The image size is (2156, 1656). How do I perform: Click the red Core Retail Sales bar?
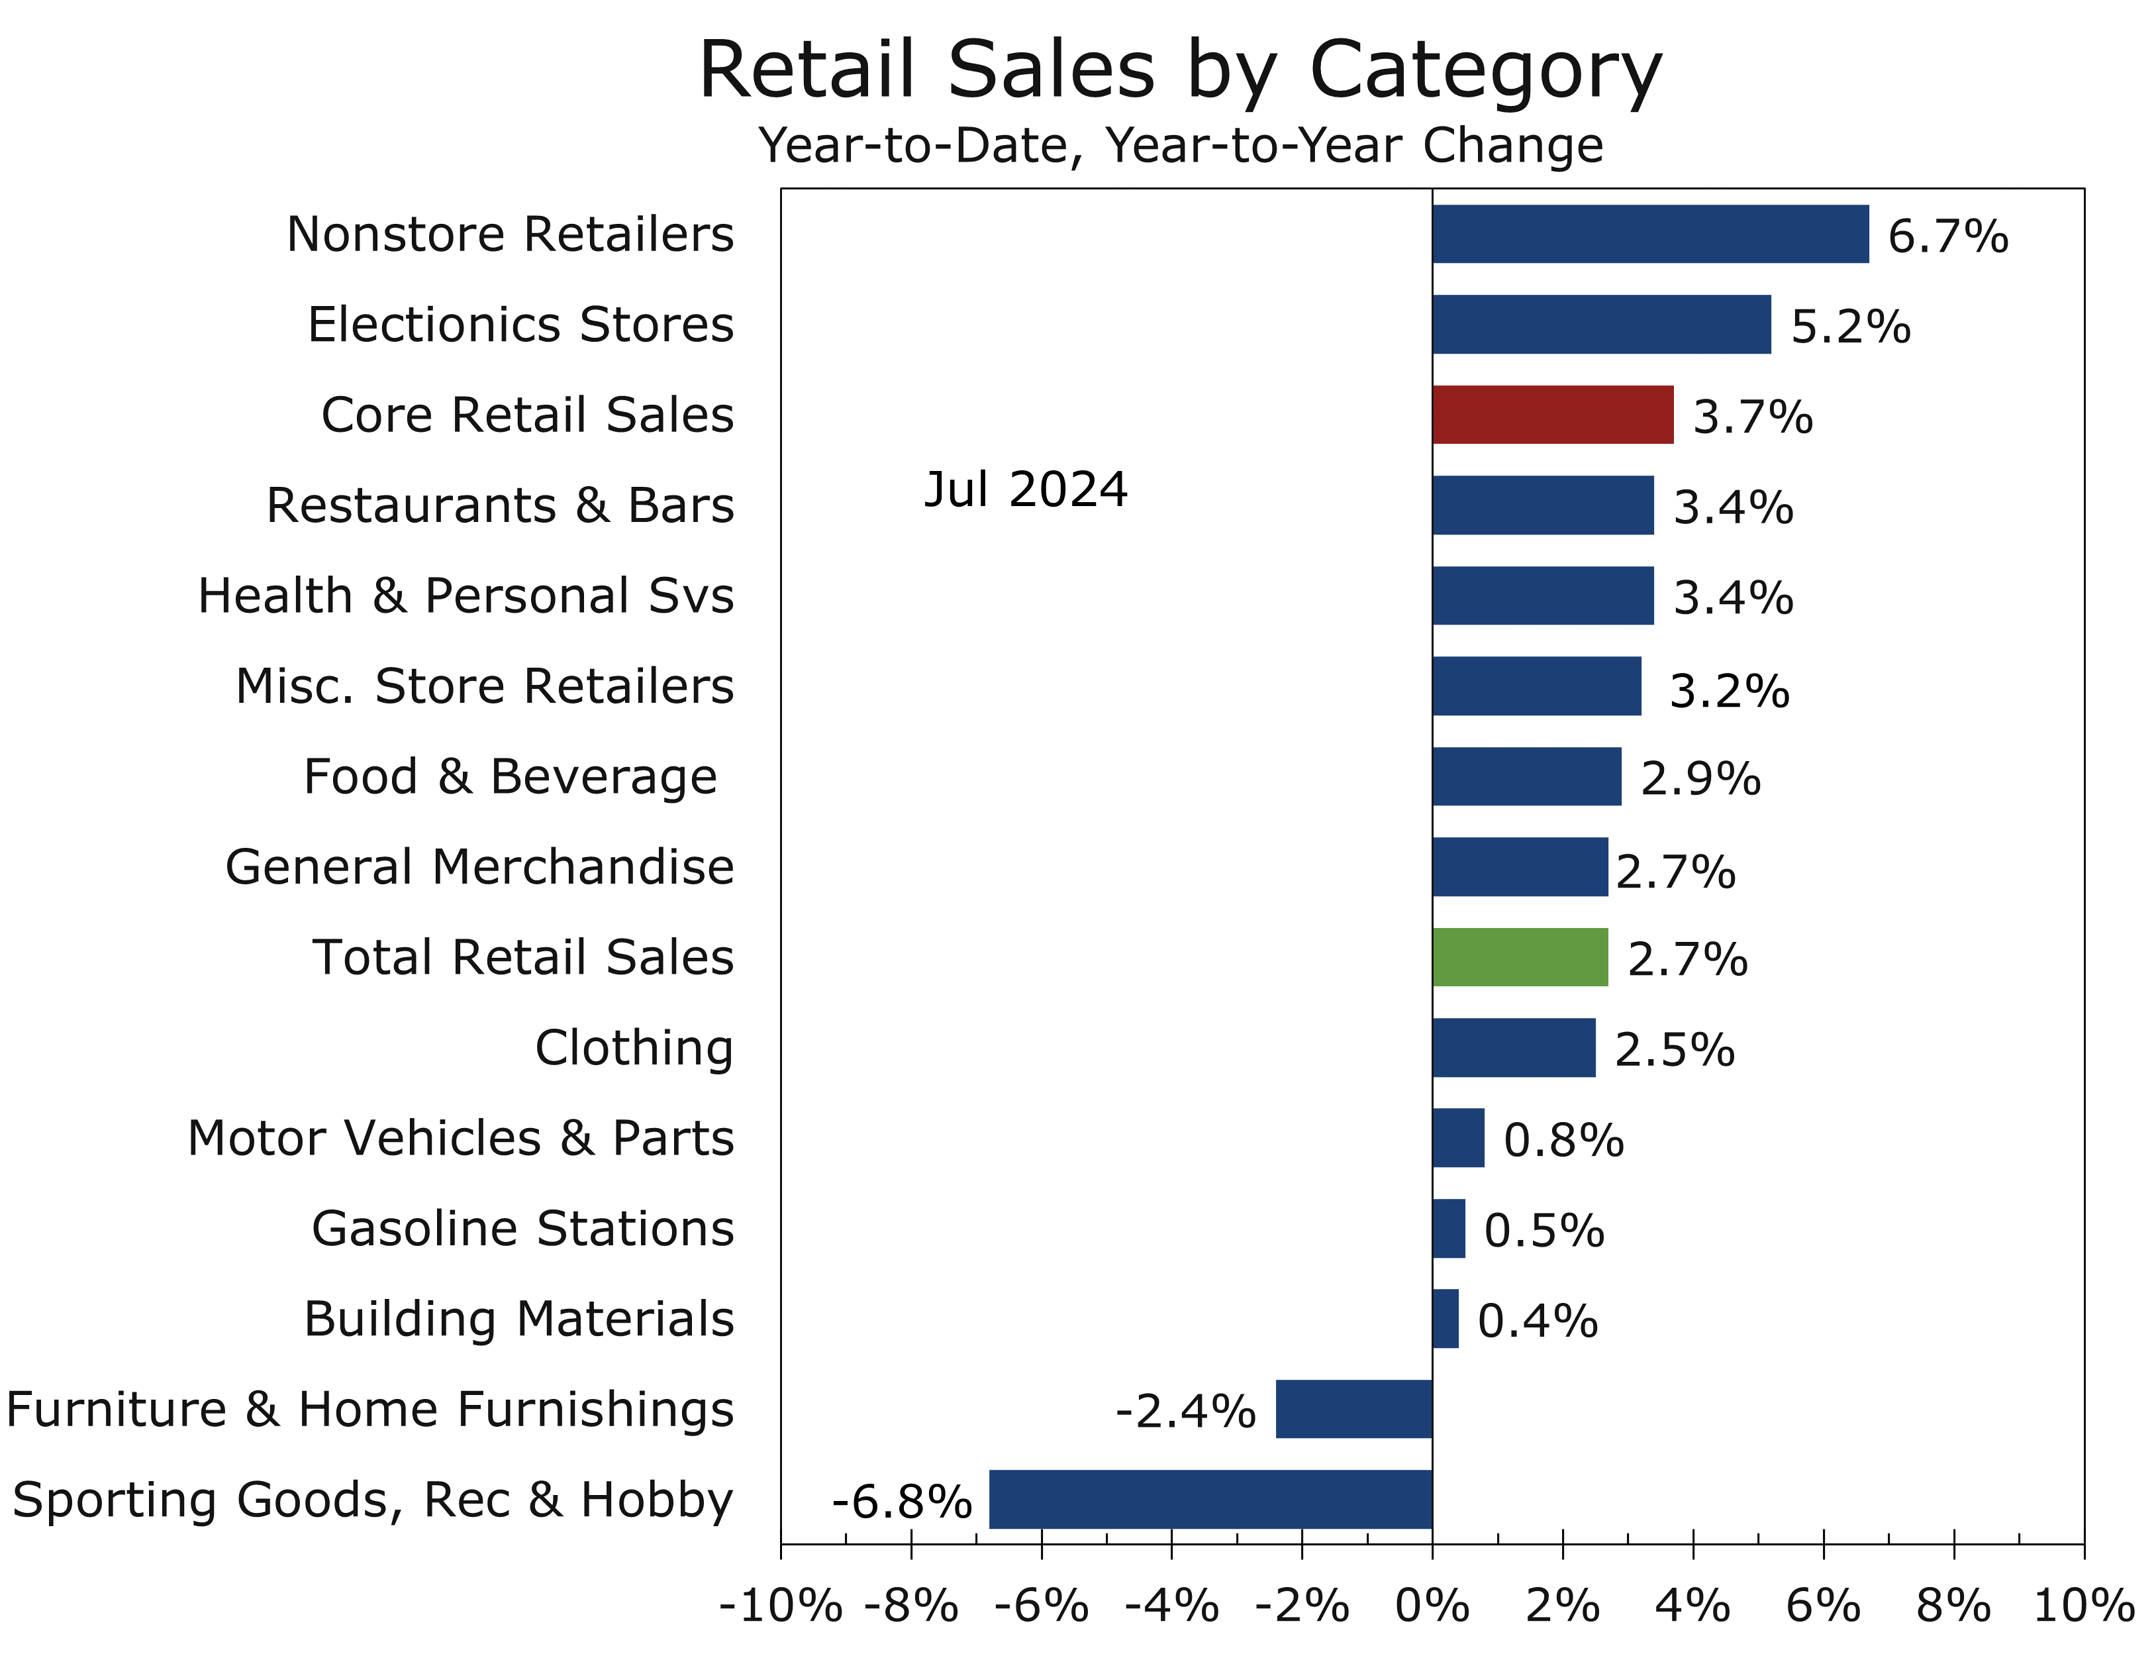1552,415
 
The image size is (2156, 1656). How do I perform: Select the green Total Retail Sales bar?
1520,957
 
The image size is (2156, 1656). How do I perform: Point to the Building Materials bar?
1445,1319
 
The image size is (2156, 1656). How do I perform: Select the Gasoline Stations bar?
1449,1228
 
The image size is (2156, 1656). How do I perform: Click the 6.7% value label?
1947,236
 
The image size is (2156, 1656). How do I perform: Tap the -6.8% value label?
902,1502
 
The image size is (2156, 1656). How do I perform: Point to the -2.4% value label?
1185,1412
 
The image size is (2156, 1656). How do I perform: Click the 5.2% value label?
1849,327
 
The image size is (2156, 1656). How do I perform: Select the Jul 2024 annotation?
1025,490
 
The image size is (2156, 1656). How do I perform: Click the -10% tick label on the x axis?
781,1607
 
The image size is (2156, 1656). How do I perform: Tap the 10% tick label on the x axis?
2083,1607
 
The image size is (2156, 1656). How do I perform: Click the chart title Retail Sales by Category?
1179,70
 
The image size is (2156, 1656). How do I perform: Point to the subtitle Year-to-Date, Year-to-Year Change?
1179,146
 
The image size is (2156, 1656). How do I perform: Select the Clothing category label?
634,1048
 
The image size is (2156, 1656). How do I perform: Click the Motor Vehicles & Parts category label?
460,1139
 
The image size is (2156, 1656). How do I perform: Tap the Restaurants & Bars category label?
499,505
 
